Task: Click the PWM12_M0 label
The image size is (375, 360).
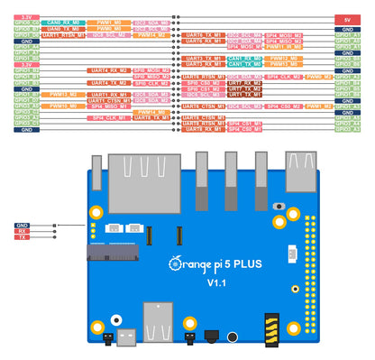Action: point(283,58)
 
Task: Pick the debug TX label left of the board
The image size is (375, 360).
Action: point(23,237)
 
